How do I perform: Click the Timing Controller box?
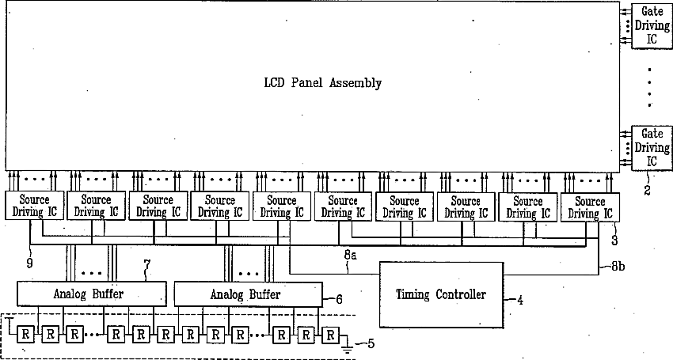tap(440, 294)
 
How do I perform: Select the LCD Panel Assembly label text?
tap(322, 82)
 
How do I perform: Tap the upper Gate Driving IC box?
tap(651, 25)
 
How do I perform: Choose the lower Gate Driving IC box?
tap(651, 147)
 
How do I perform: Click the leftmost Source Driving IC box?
tap(34, 207)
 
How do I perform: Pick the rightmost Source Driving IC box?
tap(590, 207)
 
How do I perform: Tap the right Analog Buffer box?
tap(246, 294)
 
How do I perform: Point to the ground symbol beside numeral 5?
tap(346, 342)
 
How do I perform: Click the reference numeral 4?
tap(520, 300)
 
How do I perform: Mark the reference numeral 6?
tap(340, 300)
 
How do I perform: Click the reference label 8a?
tap(349, 256)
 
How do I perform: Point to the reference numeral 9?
tap(30, 263)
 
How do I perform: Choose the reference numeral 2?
tap(647, 191)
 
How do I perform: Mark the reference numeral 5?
tap(370, 343)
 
